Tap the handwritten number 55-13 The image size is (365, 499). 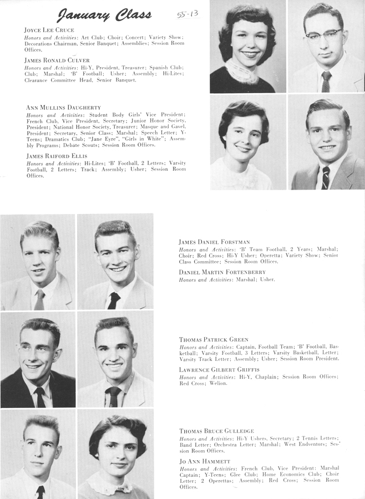pyautogui.click(x=188, y=13)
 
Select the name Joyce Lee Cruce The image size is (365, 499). pyautogui.click(x=49, y=29)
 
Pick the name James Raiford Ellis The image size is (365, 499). pyautogui.click(x=54, y=156)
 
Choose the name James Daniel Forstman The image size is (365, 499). pyautogui.click(x=214, y=242)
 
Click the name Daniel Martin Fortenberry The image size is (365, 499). pyautogui.click(x=222, y=272)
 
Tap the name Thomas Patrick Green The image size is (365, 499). pyautogui.click(x=214, y=339)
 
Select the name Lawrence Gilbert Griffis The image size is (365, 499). pyautogui.click(x=219, y=369)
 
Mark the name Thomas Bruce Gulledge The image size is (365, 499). pyautogui.click(x=216, y=431)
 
